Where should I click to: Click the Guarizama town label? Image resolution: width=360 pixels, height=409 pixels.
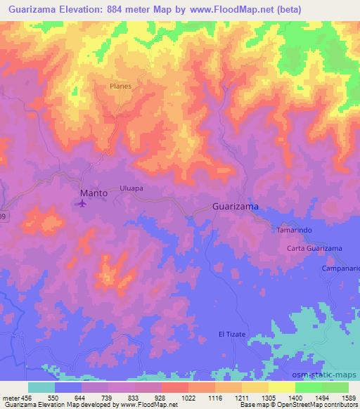click(x=236, y=207)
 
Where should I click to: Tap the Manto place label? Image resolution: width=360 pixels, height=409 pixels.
click(x=94, y=192)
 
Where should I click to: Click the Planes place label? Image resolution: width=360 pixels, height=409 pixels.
click(x=120, y=86)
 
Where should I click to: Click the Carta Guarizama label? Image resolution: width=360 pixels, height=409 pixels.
click(x=314, y=249)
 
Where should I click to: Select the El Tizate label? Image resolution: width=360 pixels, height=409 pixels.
click(x=232, y=334)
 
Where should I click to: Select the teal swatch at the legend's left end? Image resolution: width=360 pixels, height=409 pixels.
click(x=41, y=387)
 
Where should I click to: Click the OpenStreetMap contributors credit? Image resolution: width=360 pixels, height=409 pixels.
click(x=314, y=405)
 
